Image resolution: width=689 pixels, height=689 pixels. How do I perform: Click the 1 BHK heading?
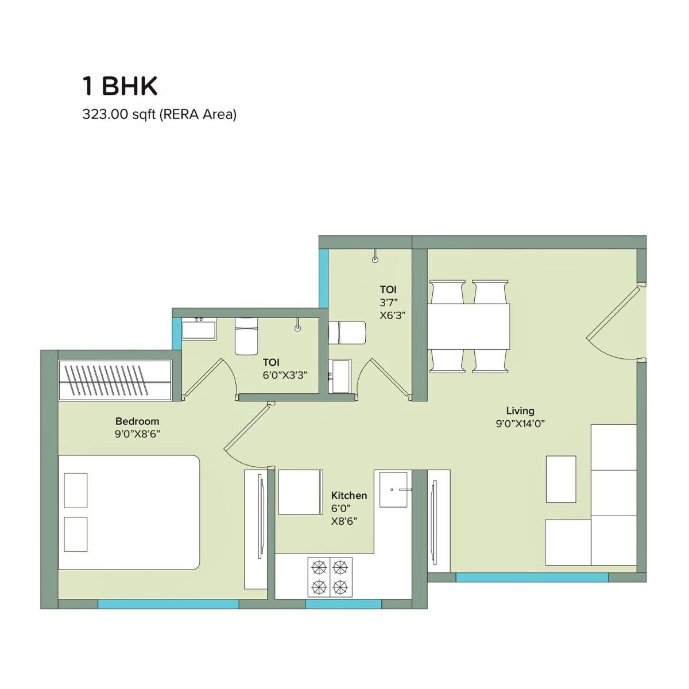120,86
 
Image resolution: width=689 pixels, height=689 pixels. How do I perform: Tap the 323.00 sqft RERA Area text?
160,114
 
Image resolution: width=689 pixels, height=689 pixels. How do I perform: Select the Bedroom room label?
137,421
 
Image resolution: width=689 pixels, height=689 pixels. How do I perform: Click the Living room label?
520,411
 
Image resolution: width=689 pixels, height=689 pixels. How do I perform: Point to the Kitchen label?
349,495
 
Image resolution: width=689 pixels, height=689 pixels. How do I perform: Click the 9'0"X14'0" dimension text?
520,424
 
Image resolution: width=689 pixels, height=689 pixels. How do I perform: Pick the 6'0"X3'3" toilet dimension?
285,376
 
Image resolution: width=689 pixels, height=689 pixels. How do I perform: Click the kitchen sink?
393,490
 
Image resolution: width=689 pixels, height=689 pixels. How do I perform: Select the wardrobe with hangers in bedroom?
115,379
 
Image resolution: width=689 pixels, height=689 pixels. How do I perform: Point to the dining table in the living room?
469,326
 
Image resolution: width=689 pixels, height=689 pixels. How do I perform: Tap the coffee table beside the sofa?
560,479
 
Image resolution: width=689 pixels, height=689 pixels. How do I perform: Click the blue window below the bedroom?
168,604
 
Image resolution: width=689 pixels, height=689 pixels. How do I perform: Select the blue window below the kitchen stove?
343,604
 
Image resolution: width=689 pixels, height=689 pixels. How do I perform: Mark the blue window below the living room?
532,578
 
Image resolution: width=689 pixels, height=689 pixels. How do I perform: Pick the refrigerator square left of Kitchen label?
299,491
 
